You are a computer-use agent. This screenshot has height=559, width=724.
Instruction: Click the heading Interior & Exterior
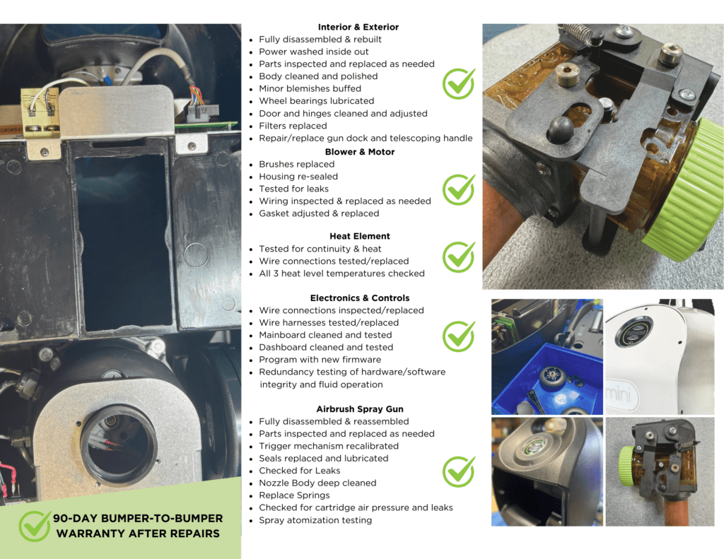pyautogui.click(x=358, y=27)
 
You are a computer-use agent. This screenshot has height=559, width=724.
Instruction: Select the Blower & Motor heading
pyautogui.click(x=360, y=152)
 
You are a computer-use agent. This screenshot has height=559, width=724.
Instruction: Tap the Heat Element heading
pyautogui.click(x=360, y=236)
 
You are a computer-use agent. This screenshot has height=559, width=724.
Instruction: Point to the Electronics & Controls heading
pyautogui.click(x=360, y=298)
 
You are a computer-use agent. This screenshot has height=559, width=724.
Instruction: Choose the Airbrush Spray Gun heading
pyautogui.click(x=360, y=409)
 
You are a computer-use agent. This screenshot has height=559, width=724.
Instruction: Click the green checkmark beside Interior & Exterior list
pyautogui.click(x=459, y=83)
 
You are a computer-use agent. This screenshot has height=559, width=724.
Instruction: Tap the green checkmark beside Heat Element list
pyautogui.click(x=459, y=257)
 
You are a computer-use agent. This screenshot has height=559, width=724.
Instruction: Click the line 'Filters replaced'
pyautogui.click(x=293, y=126)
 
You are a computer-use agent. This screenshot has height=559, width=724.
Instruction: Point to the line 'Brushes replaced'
pyautogui.click(x=296, y=164)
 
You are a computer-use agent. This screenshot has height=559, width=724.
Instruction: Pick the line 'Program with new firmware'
pyautogui.click(x=320, y=359)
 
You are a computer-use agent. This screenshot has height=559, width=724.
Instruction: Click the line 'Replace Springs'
pyautogui.click(x=294, y=495)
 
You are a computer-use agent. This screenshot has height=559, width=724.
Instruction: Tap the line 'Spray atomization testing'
pyautogui.click(x=315, y=519)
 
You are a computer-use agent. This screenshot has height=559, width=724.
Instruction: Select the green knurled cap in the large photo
pyautogui.click(x=684, y=190)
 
